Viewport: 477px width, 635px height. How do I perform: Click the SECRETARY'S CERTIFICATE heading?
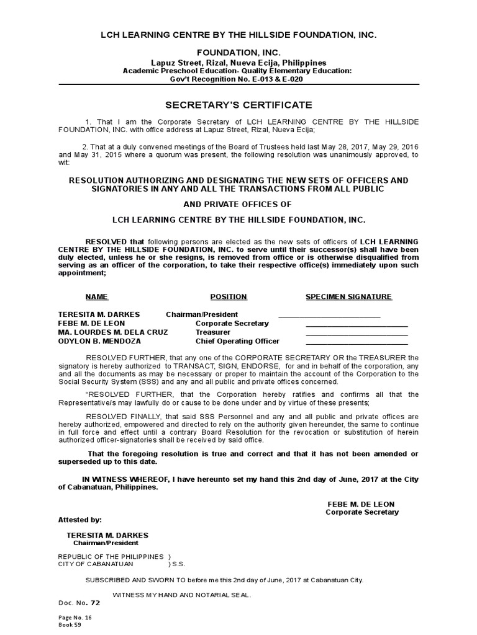pyautogui.click(x=239, y=105)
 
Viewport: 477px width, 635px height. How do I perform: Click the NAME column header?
pyautogui.click(x=96, y=297)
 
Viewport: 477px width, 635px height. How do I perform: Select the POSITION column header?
pyautogui.click(x=229, y=297)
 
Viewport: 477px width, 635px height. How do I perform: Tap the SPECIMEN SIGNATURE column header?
pyautogui.click(x=348, y=297)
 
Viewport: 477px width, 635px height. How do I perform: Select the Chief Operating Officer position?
pyautogui.click(x=237, y=341)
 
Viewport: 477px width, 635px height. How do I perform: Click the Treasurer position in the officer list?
pyautogui.click(x=213, y=332)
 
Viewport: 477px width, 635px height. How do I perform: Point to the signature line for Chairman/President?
pyautogui.click(x=329, y=316)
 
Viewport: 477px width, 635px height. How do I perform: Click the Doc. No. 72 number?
pyautogui.click(x=95, y=602)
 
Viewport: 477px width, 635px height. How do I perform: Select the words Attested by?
pyautogui.click(x=80, y=520)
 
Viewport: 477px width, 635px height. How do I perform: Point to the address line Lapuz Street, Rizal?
pyautogui.click(x=239, y=63)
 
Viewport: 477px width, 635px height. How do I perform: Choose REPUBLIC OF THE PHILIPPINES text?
pyautogui.click(x=111, y=556)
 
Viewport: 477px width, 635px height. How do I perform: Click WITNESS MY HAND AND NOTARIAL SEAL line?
pyautogui.click(x=181, y=595)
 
